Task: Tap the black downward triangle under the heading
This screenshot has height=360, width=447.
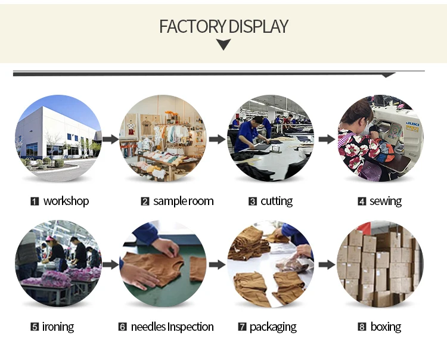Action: click(x=223, y=44)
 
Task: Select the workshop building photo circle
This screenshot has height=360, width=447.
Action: click(x=58, y=138)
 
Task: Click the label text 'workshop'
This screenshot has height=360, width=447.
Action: click(x=66, y=201)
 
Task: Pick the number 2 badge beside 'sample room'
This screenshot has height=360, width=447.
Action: click(x=145, y=201)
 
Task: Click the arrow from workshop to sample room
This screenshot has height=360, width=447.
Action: click(x=110, y=139)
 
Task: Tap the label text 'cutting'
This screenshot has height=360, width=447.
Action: click(x=276, y=201)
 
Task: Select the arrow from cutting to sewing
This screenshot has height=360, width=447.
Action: click(x=325, y=139)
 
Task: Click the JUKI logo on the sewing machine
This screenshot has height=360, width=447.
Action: click(x=411, y=126)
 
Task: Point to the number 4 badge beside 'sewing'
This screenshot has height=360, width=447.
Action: click(x=361, y=201)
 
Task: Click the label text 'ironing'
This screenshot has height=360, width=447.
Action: click(x=58, y=327)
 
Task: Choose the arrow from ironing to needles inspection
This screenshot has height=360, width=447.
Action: click(x=110, y=264)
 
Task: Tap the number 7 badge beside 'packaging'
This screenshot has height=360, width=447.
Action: click(x=242, y=327)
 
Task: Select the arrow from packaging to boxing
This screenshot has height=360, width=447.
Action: click(x=325, y=264)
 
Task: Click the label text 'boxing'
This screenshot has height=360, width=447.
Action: click(x=385, y=327)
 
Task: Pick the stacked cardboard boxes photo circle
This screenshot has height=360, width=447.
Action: click(x=380, y=263)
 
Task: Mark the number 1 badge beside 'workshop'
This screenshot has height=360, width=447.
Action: click(x=35, y=201)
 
